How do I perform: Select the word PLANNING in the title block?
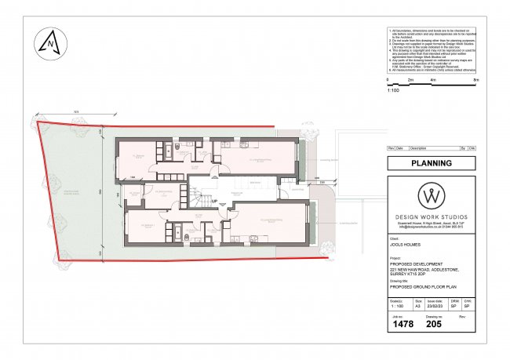[x=432, y=163]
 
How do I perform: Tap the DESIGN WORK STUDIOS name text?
[x=432, y=216]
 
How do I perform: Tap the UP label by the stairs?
[x=213, y=200]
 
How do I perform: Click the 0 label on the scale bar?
[x=389, y=81]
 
